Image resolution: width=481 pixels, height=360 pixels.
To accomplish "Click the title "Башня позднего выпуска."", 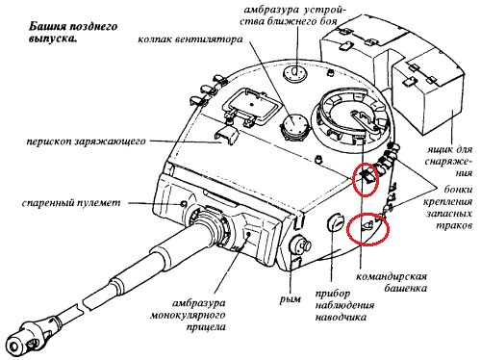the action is (x=73, y=33).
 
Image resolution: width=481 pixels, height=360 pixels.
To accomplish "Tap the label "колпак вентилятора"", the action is (x=190, y=39).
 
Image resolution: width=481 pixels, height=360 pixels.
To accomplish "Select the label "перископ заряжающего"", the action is (x=86, y=141).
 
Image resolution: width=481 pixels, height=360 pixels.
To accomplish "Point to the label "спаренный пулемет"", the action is (x=71, y=203).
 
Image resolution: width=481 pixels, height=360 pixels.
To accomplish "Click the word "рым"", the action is (x=291, y=299).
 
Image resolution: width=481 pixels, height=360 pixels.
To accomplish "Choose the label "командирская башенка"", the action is (x=392, y=282).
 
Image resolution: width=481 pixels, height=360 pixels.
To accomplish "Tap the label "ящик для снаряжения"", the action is (x=449, y=162).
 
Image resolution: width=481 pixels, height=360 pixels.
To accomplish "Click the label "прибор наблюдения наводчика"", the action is (x=344, y=305).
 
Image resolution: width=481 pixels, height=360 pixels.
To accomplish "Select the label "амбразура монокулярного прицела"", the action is (x=189, y=316).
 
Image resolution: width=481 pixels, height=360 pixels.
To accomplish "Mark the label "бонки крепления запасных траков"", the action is (x=448, y=207).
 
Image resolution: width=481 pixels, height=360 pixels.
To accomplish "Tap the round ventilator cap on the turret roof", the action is (x=294, y=127).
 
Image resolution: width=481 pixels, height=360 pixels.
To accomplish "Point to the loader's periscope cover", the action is (x=226, y=135).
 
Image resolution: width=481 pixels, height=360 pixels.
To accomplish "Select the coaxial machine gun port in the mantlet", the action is (x=184, y=204).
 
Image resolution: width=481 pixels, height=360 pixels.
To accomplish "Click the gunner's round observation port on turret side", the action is (x=336, y=222).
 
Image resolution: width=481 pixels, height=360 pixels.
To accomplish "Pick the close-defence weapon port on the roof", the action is (x=295, y=73).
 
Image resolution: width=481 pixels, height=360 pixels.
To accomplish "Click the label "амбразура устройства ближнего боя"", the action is (x=295, y=15).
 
